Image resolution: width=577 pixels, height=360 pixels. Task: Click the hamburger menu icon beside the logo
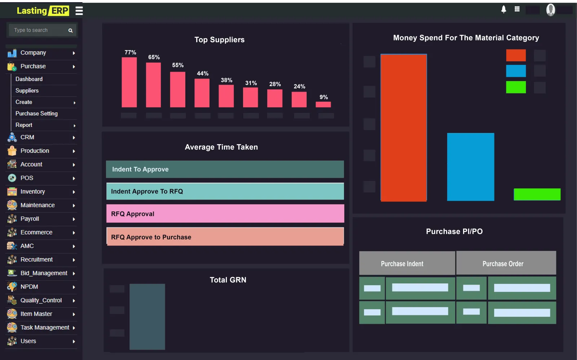[79, 10]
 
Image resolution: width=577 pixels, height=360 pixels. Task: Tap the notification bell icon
[503, 9]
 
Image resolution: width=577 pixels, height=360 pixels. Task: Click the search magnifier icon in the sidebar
[70, 31]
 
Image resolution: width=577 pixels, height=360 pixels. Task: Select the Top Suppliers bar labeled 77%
[129, 82]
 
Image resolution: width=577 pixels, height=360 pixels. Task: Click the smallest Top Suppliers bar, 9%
[323, 105]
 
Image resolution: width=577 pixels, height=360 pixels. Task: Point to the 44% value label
[203, 74]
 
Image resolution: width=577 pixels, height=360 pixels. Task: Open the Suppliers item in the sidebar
[27, 90]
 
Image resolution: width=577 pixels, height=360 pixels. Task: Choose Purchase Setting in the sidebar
[36, 114]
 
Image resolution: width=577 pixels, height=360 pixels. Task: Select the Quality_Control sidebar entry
[41, 300]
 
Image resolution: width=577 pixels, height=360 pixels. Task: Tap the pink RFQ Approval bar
[225, 214]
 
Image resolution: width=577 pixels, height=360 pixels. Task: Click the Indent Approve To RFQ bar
[225, 191]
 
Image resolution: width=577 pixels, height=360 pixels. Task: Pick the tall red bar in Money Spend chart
[404, 127]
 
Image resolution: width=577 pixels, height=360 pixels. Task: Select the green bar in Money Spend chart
[537, 194]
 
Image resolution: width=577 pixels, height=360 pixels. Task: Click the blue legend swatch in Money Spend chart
[516, 71]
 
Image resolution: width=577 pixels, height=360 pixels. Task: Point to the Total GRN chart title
[228, 280]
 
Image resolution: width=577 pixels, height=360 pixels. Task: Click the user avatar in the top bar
[550, 10]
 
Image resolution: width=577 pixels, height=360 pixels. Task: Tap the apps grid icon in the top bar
[517, 9]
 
